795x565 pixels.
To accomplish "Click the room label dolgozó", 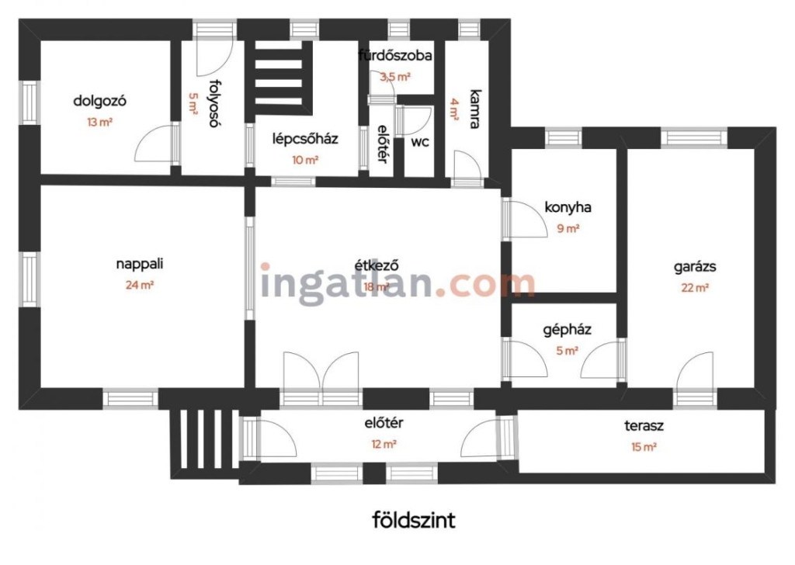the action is [x=99, y=101].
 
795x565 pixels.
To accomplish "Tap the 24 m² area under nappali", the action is [x=140, y=285].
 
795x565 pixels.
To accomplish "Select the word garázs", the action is [x=695, y=267].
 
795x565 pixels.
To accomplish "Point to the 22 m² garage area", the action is [x=695, y=288].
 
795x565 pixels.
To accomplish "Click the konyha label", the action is [x=568, y=207].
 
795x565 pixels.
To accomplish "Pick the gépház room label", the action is [x=567, y=331].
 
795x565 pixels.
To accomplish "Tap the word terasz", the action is [x=644, y=425].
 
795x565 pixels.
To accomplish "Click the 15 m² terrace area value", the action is [x=644, y=447].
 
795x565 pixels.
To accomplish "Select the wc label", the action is [x=420, y=142].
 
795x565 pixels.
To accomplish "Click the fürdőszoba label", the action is [x=395, y=55].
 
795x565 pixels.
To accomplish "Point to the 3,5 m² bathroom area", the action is [x=395, y=77].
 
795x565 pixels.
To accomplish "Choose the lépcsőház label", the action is [x=305, y=139].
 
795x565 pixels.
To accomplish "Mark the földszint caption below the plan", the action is [x=414, y=521].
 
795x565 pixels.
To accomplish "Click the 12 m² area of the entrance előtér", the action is [x=384, y=445].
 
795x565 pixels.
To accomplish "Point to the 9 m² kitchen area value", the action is [x=568, y=228].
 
